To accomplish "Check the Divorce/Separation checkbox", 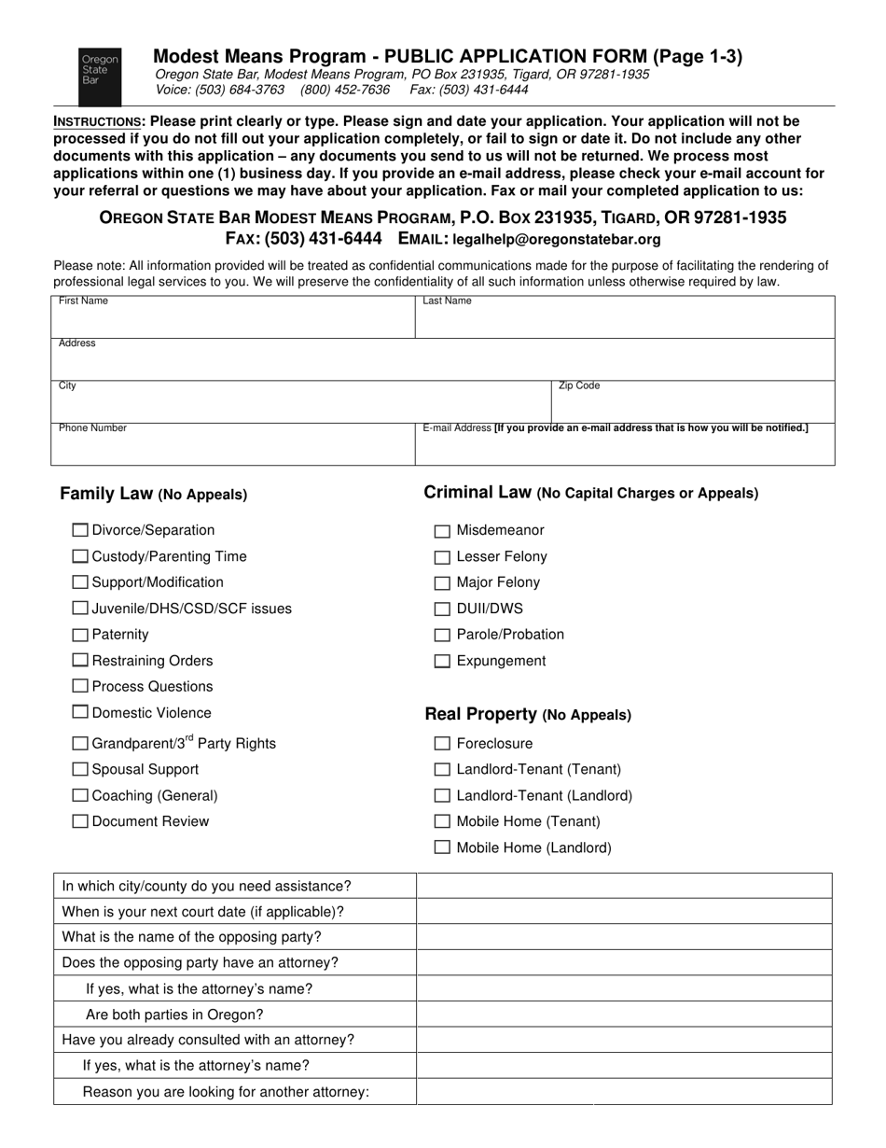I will (81, 530).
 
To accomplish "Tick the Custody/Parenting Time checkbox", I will (81, 556).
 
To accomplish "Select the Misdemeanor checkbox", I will (442, 531).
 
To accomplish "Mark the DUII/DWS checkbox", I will (442, 609).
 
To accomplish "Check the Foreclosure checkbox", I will (442, 744).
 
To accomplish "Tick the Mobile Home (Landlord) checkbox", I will (442, 848).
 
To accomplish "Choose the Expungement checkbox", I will (442, 662).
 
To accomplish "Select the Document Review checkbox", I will (81, 821).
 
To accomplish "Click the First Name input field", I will (232, 322).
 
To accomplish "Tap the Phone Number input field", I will (232, 449).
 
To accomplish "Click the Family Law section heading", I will (153, 494).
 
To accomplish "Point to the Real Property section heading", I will (528, 714).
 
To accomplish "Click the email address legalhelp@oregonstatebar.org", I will (557, 239).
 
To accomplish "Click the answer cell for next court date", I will (623, 911).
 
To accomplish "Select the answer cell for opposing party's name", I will (623, 937).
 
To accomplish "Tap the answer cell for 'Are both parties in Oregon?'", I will (623, 1015).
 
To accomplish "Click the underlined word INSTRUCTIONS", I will (97, 121).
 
